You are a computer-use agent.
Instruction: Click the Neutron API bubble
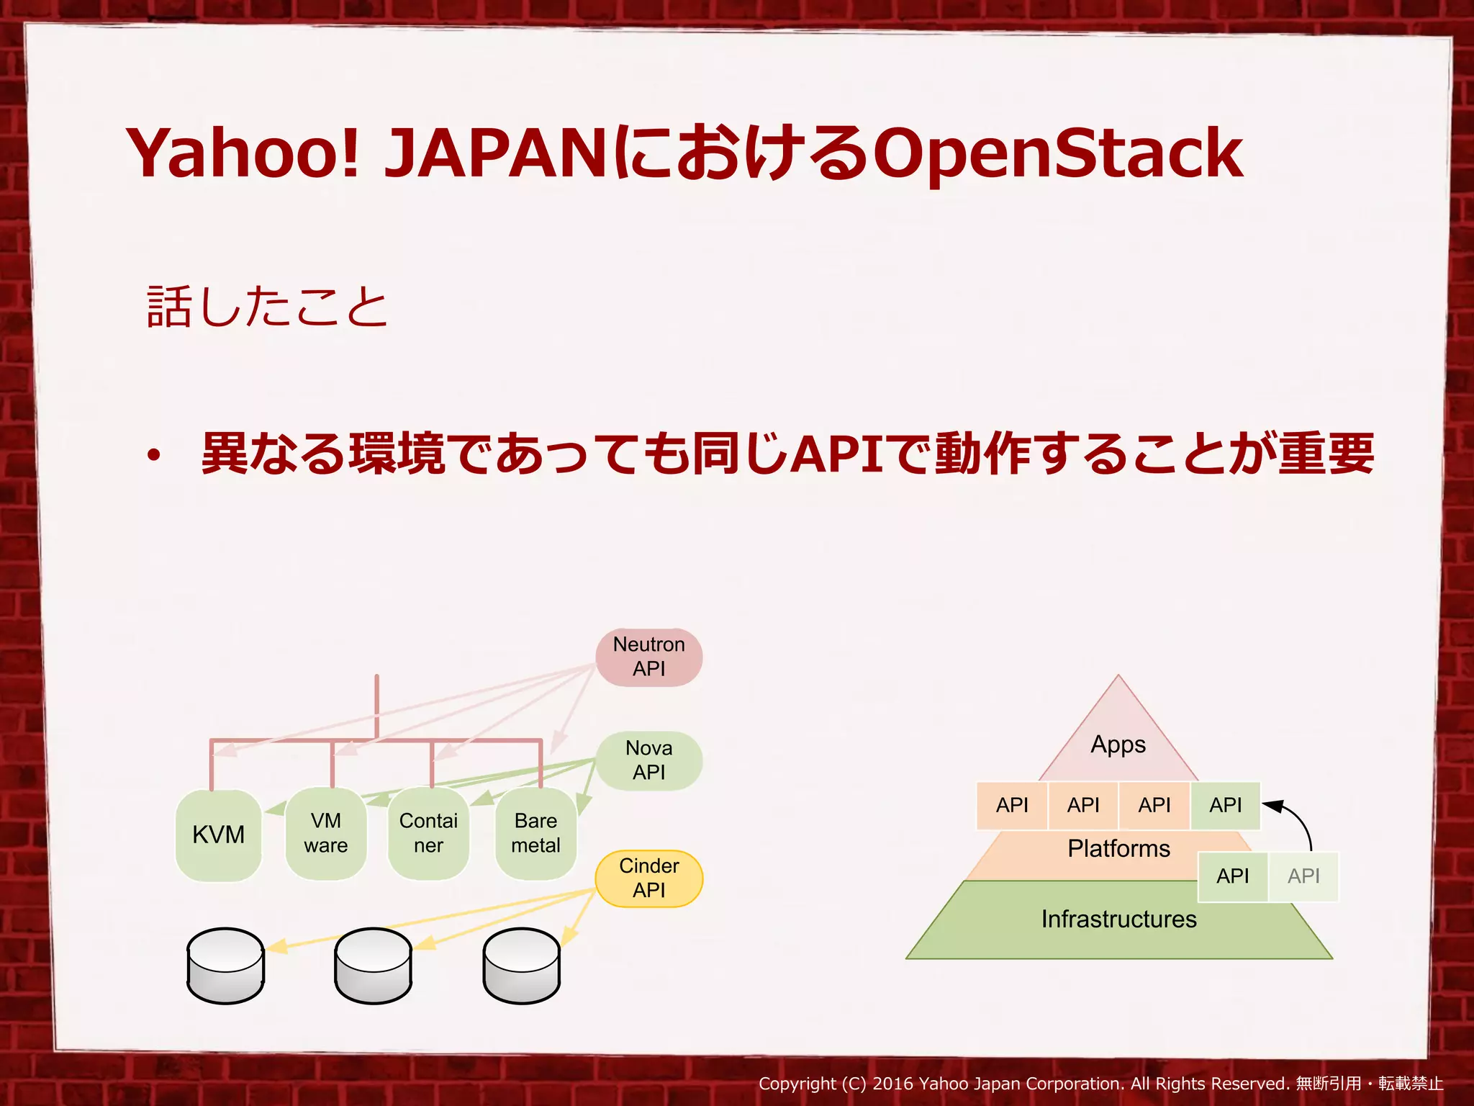[x=648, y=657]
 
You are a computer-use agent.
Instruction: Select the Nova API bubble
[x=648, y=760]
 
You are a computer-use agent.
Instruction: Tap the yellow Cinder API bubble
[x=648, y=878]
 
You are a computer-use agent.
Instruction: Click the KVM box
[x=218, y=835]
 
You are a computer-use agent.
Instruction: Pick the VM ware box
[x=326, y=834]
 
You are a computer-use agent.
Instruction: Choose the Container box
[x=428, y=834]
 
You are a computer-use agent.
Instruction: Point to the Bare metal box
[x=535, y=834]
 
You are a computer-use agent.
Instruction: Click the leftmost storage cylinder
[x=225, y=966]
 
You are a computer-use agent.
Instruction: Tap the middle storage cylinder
[x=373, y=966]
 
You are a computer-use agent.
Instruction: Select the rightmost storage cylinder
[x=521, y=966]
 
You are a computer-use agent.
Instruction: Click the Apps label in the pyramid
[x=1118, y=745]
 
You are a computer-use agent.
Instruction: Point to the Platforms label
[x=1118, y=849]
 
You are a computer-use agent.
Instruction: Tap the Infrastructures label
[x=1118, y=920]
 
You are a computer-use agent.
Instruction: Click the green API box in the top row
[x=1225, y=805]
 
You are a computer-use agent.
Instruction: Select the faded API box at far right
[x=1303, y=876]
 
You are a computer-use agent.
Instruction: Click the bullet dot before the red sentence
[x=153, y=456]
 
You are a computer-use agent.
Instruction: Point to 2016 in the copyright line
[x=892, y=1084]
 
